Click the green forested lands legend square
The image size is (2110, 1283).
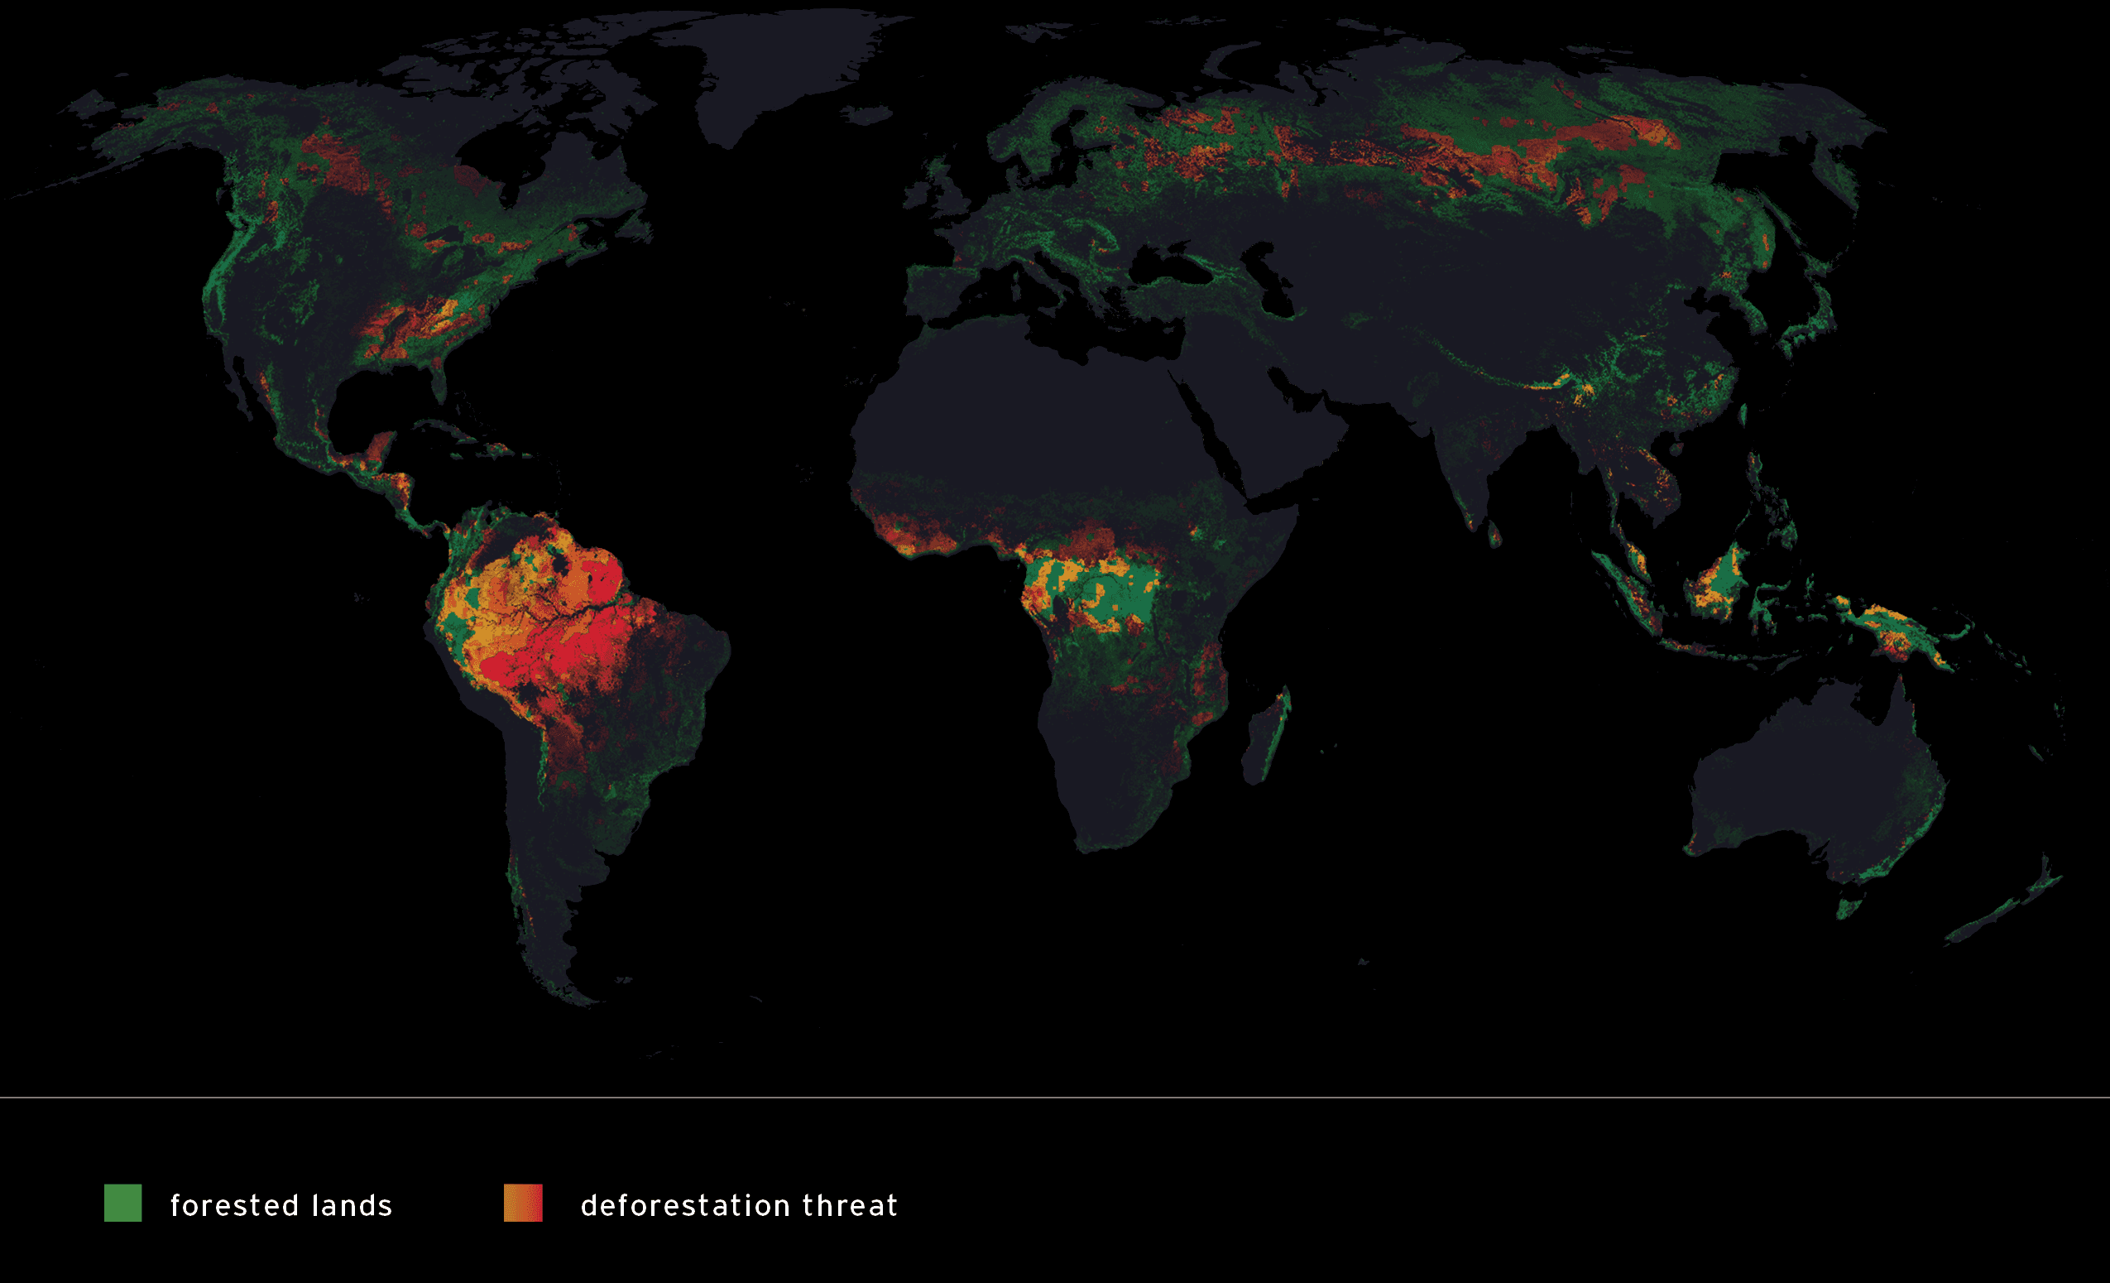(x=122, y=1203)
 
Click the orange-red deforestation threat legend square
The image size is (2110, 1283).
(x=522, y=1203)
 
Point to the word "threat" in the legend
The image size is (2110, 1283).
(x=850, y=1205)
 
